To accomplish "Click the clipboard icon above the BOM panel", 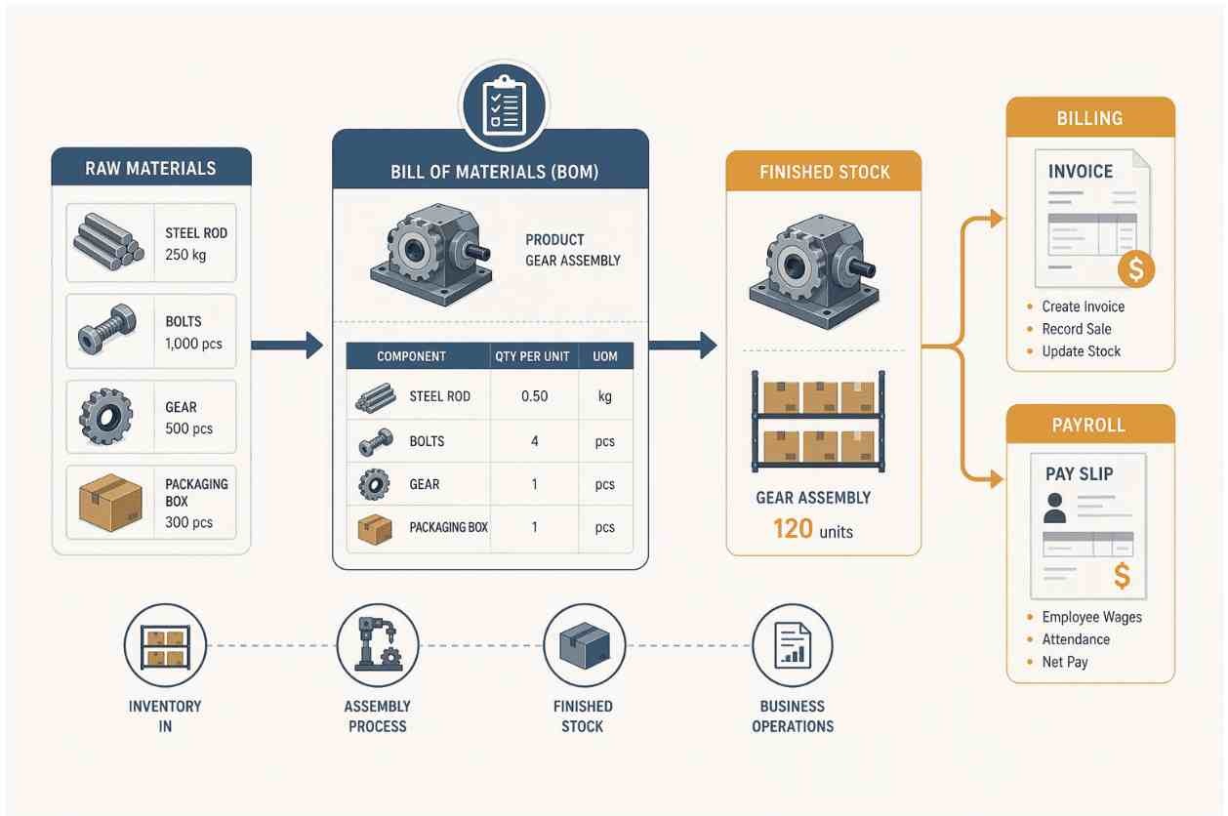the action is pyautogui.click(x=504, y=105).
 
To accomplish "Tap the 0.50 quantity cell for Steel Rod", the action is pyautogui.click(x=535, y=396).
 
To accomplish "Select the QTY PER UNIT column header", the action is pyautogui.click(x=532, y=356).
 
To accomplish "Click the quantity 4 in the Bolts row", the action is pyautogui.click(x=535, y=441).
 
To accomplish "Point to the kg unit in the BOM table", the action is pyautogui.click(x=604, y=396).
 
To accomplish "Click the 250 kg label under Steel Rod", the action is pyautogui.click(x=185, y=255).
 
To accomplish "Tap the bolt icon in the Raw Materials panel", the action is pyautogui.click(x=107, y=329).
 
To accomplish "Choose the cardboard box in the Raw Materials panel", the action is pyautogui.click(x=110, y=503).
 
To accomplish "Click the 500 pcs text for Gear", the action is pyautogui.click(x=188, y=428).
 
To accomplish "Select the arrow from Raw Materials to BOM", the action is pyautogui.click(x=287, y=346).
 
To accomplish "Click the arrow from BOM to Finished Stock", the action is pyautogui.click(x=683, y=346).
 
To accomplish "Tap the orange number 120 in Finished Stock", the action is pyautogui.click(x=793, y=529).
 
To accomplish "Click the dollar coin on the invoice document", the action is pyautogui.click(x=1136, y=269).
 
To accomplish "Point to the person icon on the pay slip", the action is pyautogui.click(x=1055, y=508).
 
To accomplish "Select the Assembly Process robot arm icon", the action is pyautogui.click(x=378, y=645).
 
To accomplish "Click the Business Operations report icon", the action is pyautogui.click(x=793, y=645).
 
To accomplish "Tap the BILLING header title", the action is pyautogui.click(x=1089, y=118).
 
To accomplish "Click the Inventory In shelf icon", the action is pyautogui.click(x=165, y=647).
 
